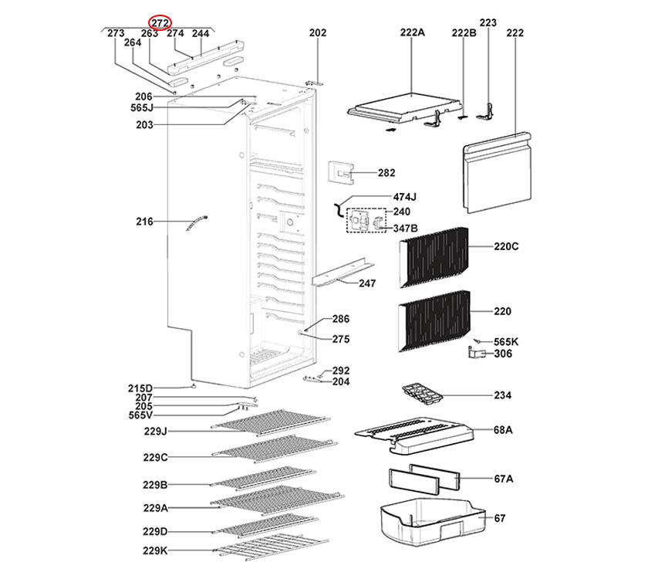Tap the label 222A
[413, 33]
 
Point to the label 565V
[140, 415]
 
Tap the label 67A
[503, 479]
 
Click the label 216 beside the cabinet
[144, 222]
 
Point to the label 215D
[140, 388]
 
